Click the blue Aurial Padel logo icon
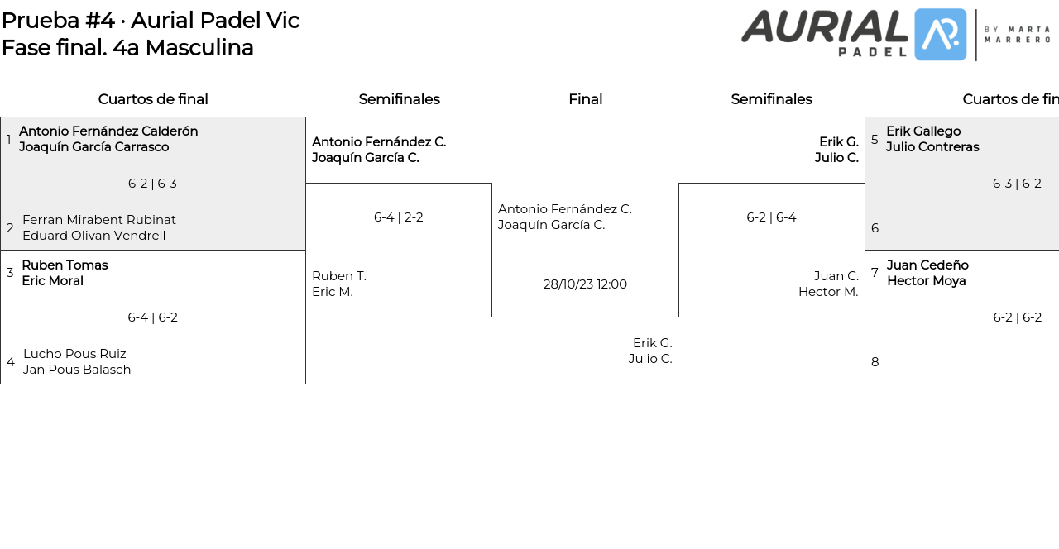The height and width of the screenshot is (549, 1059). pyautogui.click(x=941, y=35)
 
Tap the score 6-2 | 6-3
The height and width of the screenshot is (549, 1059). pyautogui.click(x=152, y=184)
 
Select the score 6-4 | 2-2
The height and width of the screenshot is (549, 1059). pyautogui.click(x=398, y=217)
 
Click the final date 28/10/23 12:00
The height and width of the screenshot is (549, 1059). pyautogui.click(x=585, y=284)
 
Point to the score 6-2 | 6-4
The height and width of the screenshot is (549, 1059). pyautogui.click(x=771, y=217)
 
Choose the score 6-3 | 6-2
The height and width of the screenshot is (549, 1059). pyautogui.click(x=1017, y=184)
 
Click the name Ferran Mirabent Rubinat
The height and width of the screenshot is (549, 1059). pyautogui.click(x=99, y=220)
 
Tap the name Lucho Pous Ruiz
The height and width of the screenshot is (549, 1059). pyautogui.click(x=74, y=354)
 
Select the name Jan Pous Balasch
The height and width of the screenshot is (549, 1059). pyautogui.click(x=77, y=370)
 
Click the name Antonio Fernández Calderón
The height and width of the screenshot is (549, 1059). pyautogui.click(x=108, y=131)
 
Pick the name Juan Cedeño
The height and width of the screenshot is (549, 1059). pyautogui.click(x=927, y=265)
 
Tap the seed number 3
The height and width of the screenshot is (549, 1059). pyautogui.click(x=10, y=273)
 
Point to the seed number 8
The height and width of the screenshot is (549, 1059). pyautogui.click(x=875, y=362)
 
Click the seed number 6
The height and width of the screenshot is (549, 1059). pyautogui.click(x=875, y=228)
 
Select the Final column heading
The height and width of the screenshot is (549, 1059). pyautogui.click(x=585, y=99)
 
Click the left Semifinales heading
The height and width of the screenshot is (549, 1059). pyautogui.click(x=399, y=99)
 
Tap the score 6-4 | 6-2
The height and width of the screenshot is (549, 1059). pyautogui.click(x=152, y=317)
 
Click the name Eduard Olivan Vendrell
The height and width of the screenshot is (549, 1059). pyautogui.click(x=93, y=236)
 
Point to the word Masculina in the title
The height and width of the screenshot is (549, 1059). pyautogui.click(x=199, y=48)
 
